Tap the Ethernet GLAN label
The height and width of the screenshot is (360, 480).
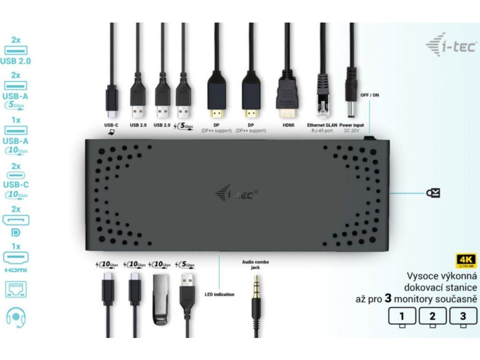(322, 125)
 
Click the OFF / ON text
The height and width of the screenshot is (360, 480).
(369, 95)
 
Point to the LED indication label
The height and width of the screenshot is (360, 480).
(219, 294)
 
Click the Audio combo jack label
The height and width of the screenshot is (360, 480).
(255, 265)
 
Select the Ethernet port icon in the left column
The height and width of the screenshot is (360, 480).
(15, 290)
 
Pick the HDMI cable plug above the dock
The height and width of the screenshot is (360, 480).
(286, 96)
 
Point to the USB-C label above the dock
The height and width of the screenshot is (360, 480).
(111, 125)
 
